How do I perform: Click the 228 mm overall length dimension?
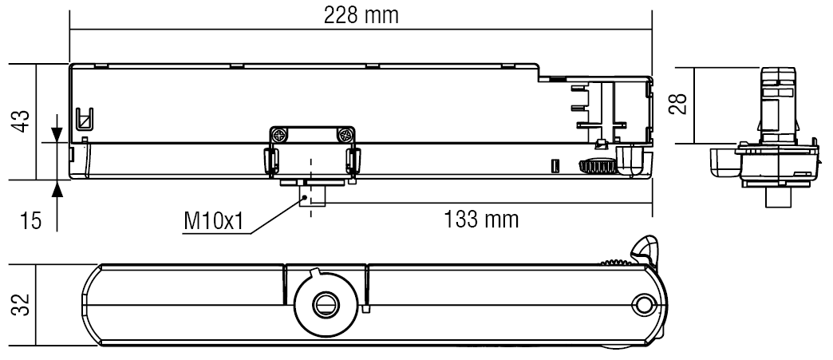361,15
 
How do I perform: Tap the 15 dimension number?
29,220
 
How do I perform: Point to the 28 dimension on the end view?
678,105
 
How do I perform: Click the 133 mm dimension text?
480,219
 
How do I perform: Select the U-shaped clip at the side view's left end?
84,119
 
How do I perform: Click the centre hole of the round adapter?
325,304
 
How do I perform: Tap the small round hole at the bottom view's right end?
644,304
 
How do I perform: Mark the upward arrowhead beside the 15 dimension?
57,189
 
